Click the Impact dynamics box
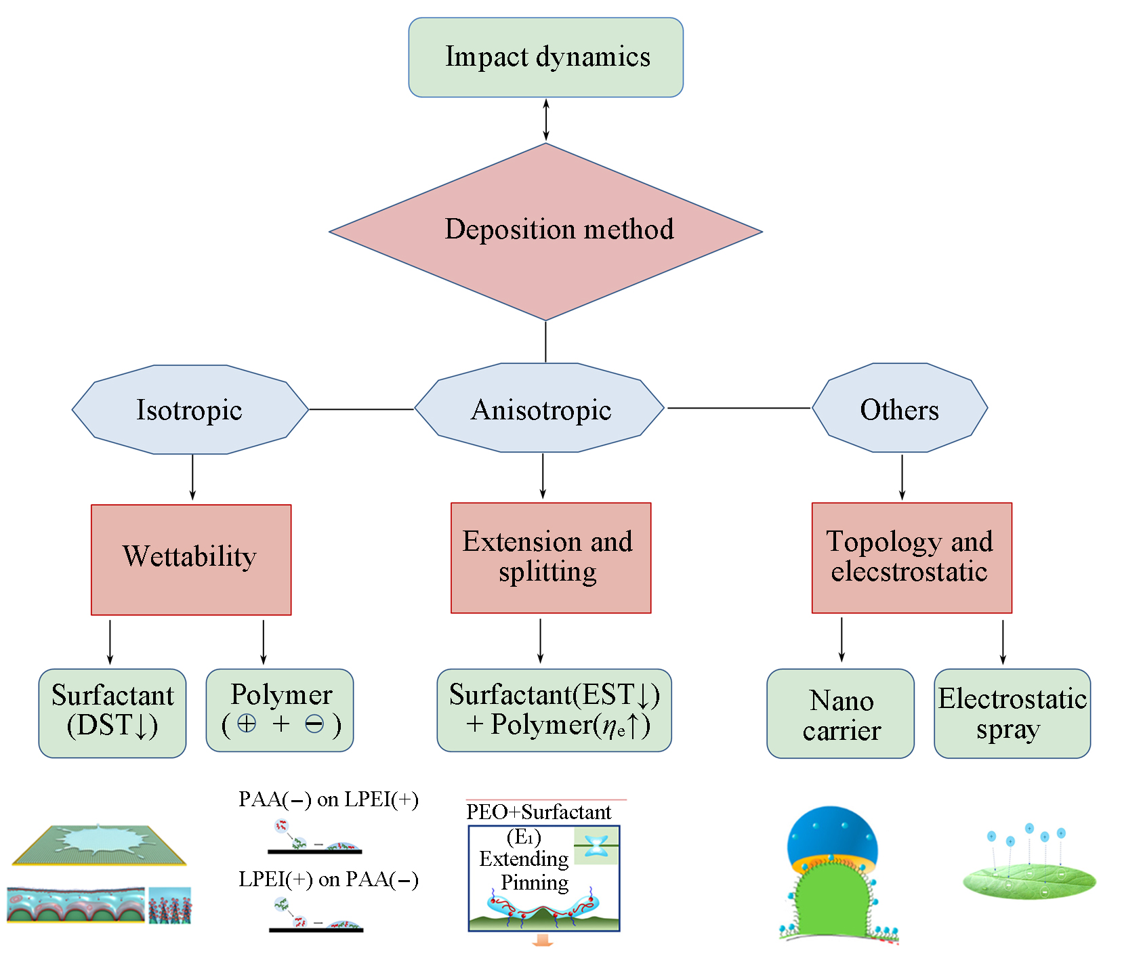click(x=545, y=58)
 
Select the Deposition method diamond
click(x=545, y=230)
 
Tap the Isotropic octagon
click(x=190, y=409)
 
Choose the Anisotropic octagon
click(x=540, y=409)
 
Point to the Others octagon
click(x=899, y=409)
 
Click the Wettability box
click(x=191, y=560)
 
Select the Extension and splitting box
click(x=550, y=558)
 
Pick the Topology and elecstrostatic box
click(x=911, y=558)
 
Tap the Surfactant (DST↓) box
click(x=112, y=713)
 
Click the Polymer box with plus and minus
click(x=280, y=710)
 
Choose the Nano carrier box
click(x=840, y=713)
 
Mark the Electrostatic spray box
click(x=1012, y=713)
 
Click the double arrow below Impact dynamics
click(x=545, y=120)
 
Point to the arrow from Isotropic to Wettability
click(x=192, y=478)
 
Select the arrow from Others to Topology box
click(x=902, y=478)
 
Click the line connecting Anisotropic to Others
click(x=739, y=408)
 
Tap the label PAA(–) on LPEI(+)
click(x=328, y=799)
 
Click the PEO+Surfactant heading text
click(x=539, y=812)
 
